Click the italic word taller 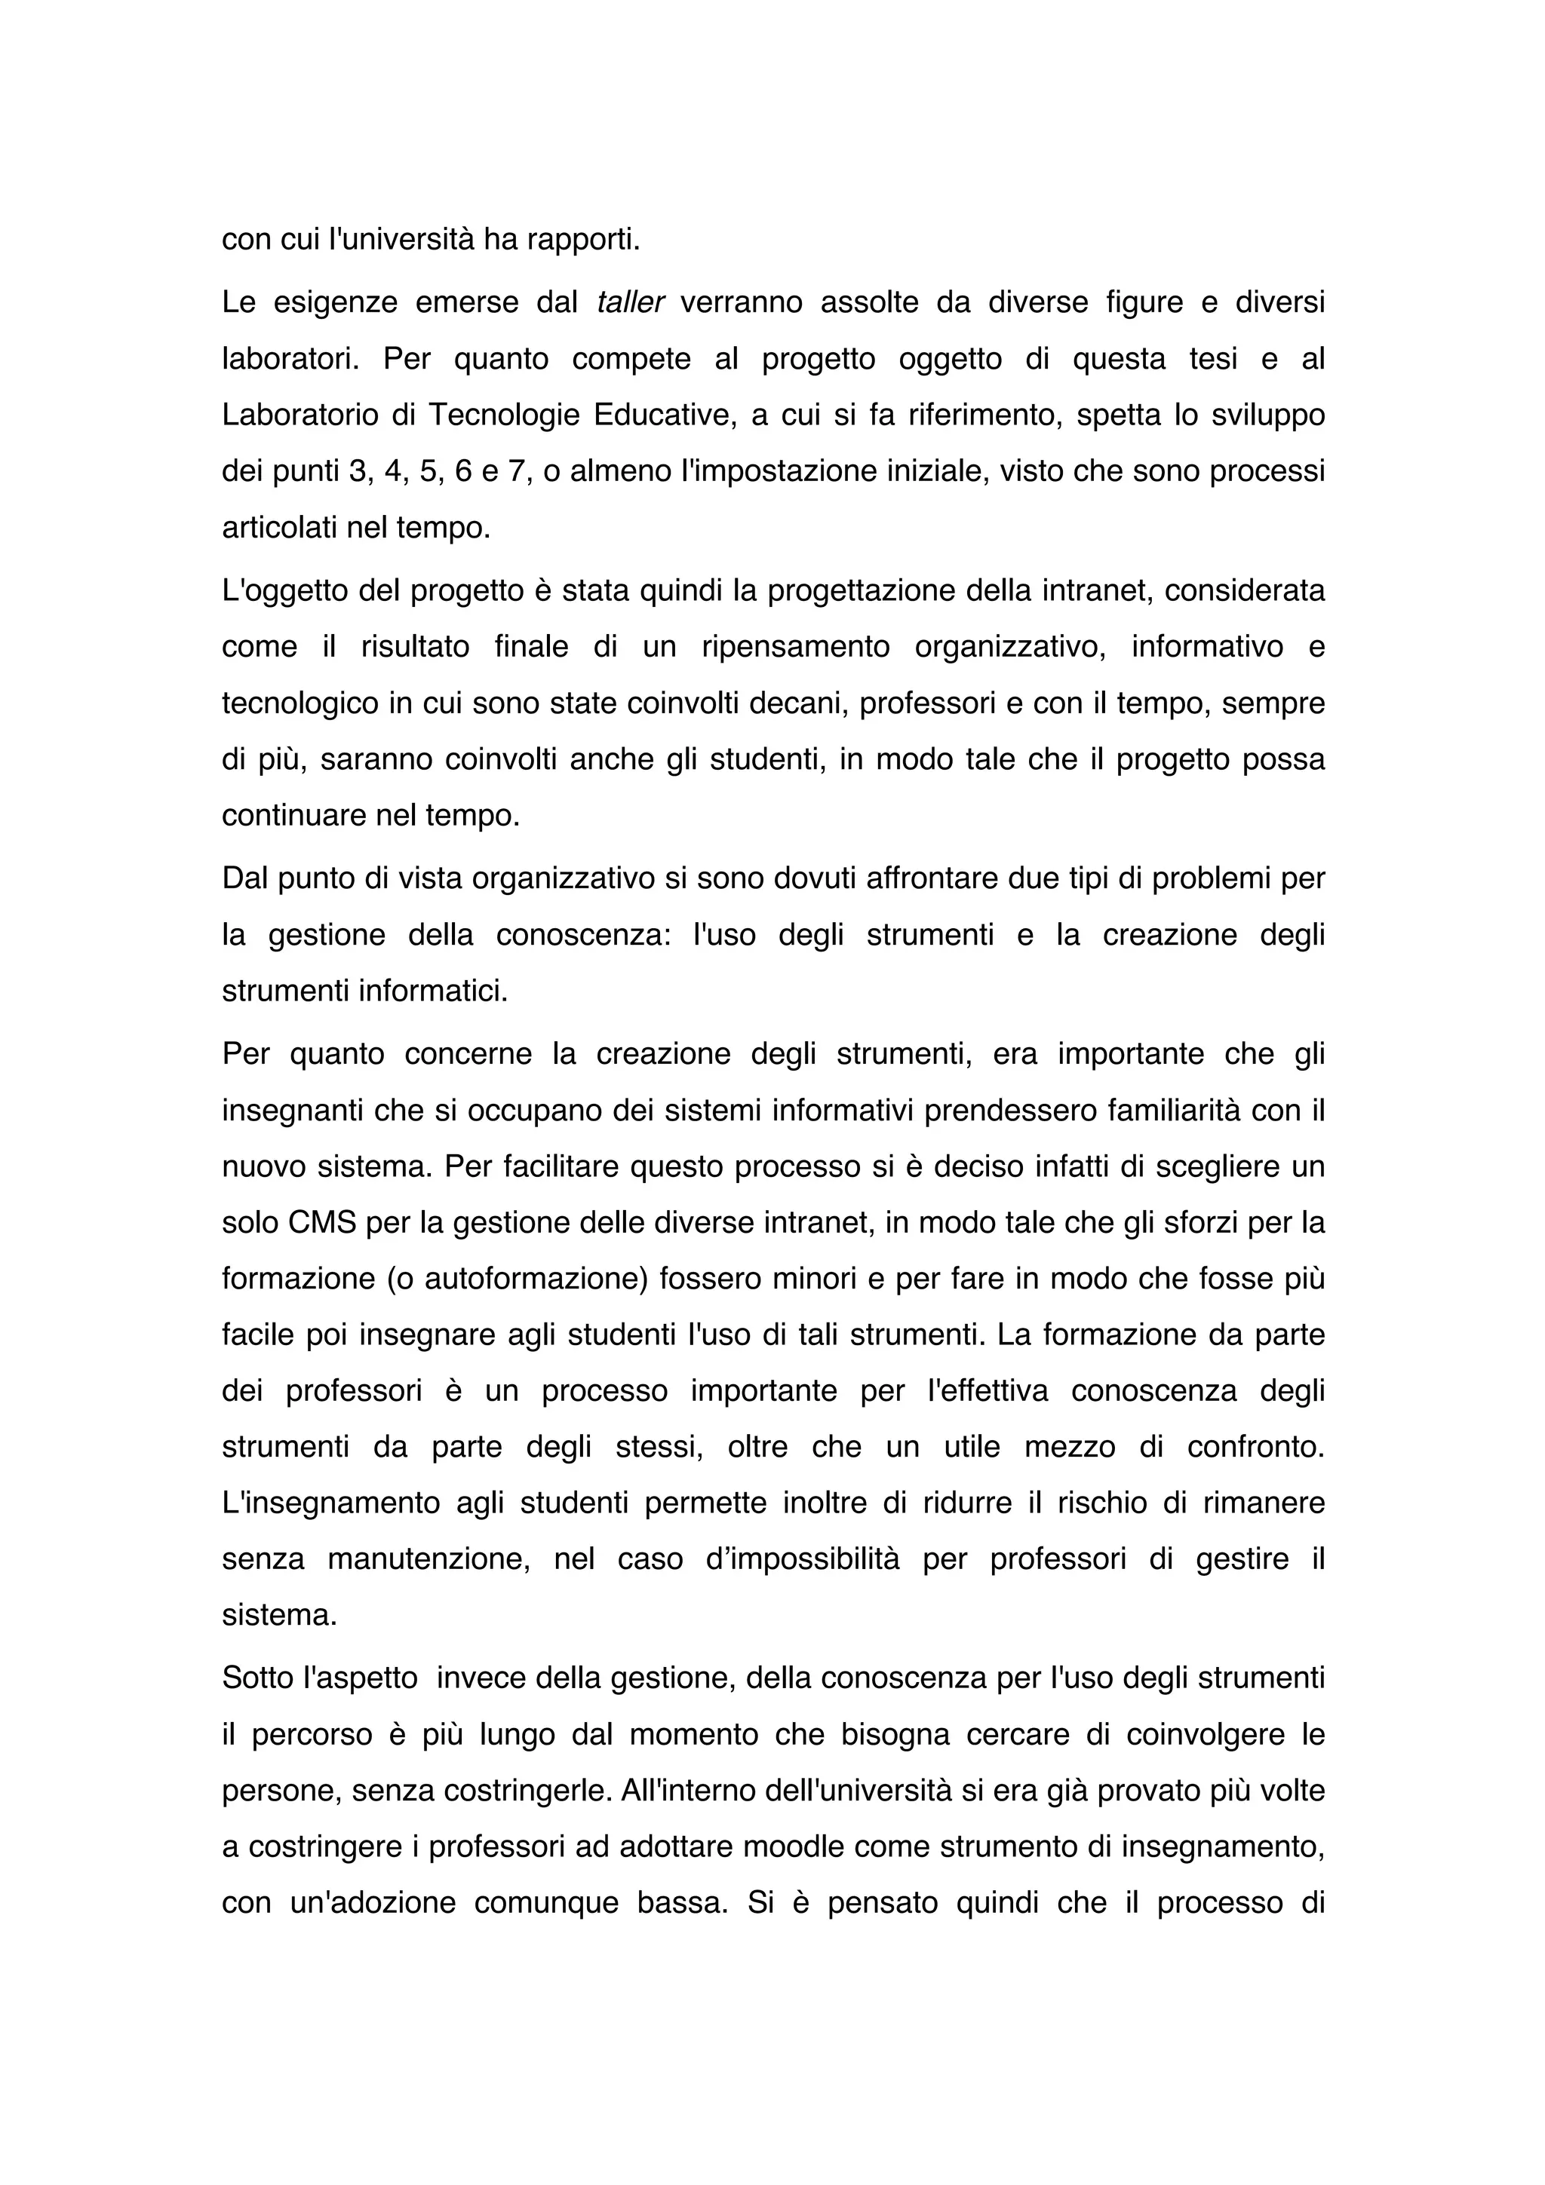pyautogui.click(x=629, y=302)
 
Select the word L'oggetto pyautogui.click(x=281, y=591)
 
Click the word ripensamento pyautogui.click(x=795, y=647)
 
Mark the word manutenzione pyautogui.click(x=428, y=1558)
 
